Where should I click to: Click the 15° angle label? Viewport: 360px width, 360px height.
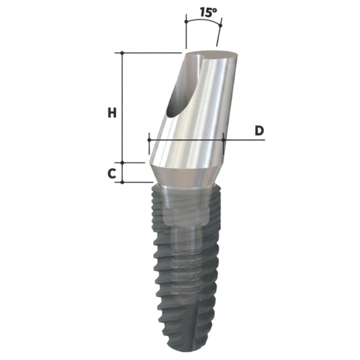coord(208,13)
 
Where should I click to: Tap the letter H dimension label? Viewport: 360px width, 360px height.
coord(112,113)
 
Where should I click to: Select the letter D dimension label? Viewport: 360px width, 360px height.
coord(259,131)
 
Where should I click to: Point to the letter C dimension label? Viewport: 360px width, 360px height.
coord(112,173)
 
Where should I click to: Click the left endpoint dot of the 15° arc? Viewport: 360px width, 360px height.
coord(186,22)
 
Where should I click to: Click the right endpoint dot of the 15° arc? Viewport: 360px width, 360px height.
coord(220,25)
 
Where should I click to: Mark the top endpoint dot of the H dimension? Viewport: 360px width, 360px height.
coord(122,53)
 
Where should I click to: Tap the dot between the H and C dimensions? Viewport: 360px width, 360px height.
coord(122,163)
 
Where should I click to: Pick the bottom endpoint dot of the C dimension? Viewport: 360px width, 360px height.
coord(122,182)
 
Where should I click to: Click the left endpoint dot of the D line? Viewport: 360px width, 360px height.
coord(149,140)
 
